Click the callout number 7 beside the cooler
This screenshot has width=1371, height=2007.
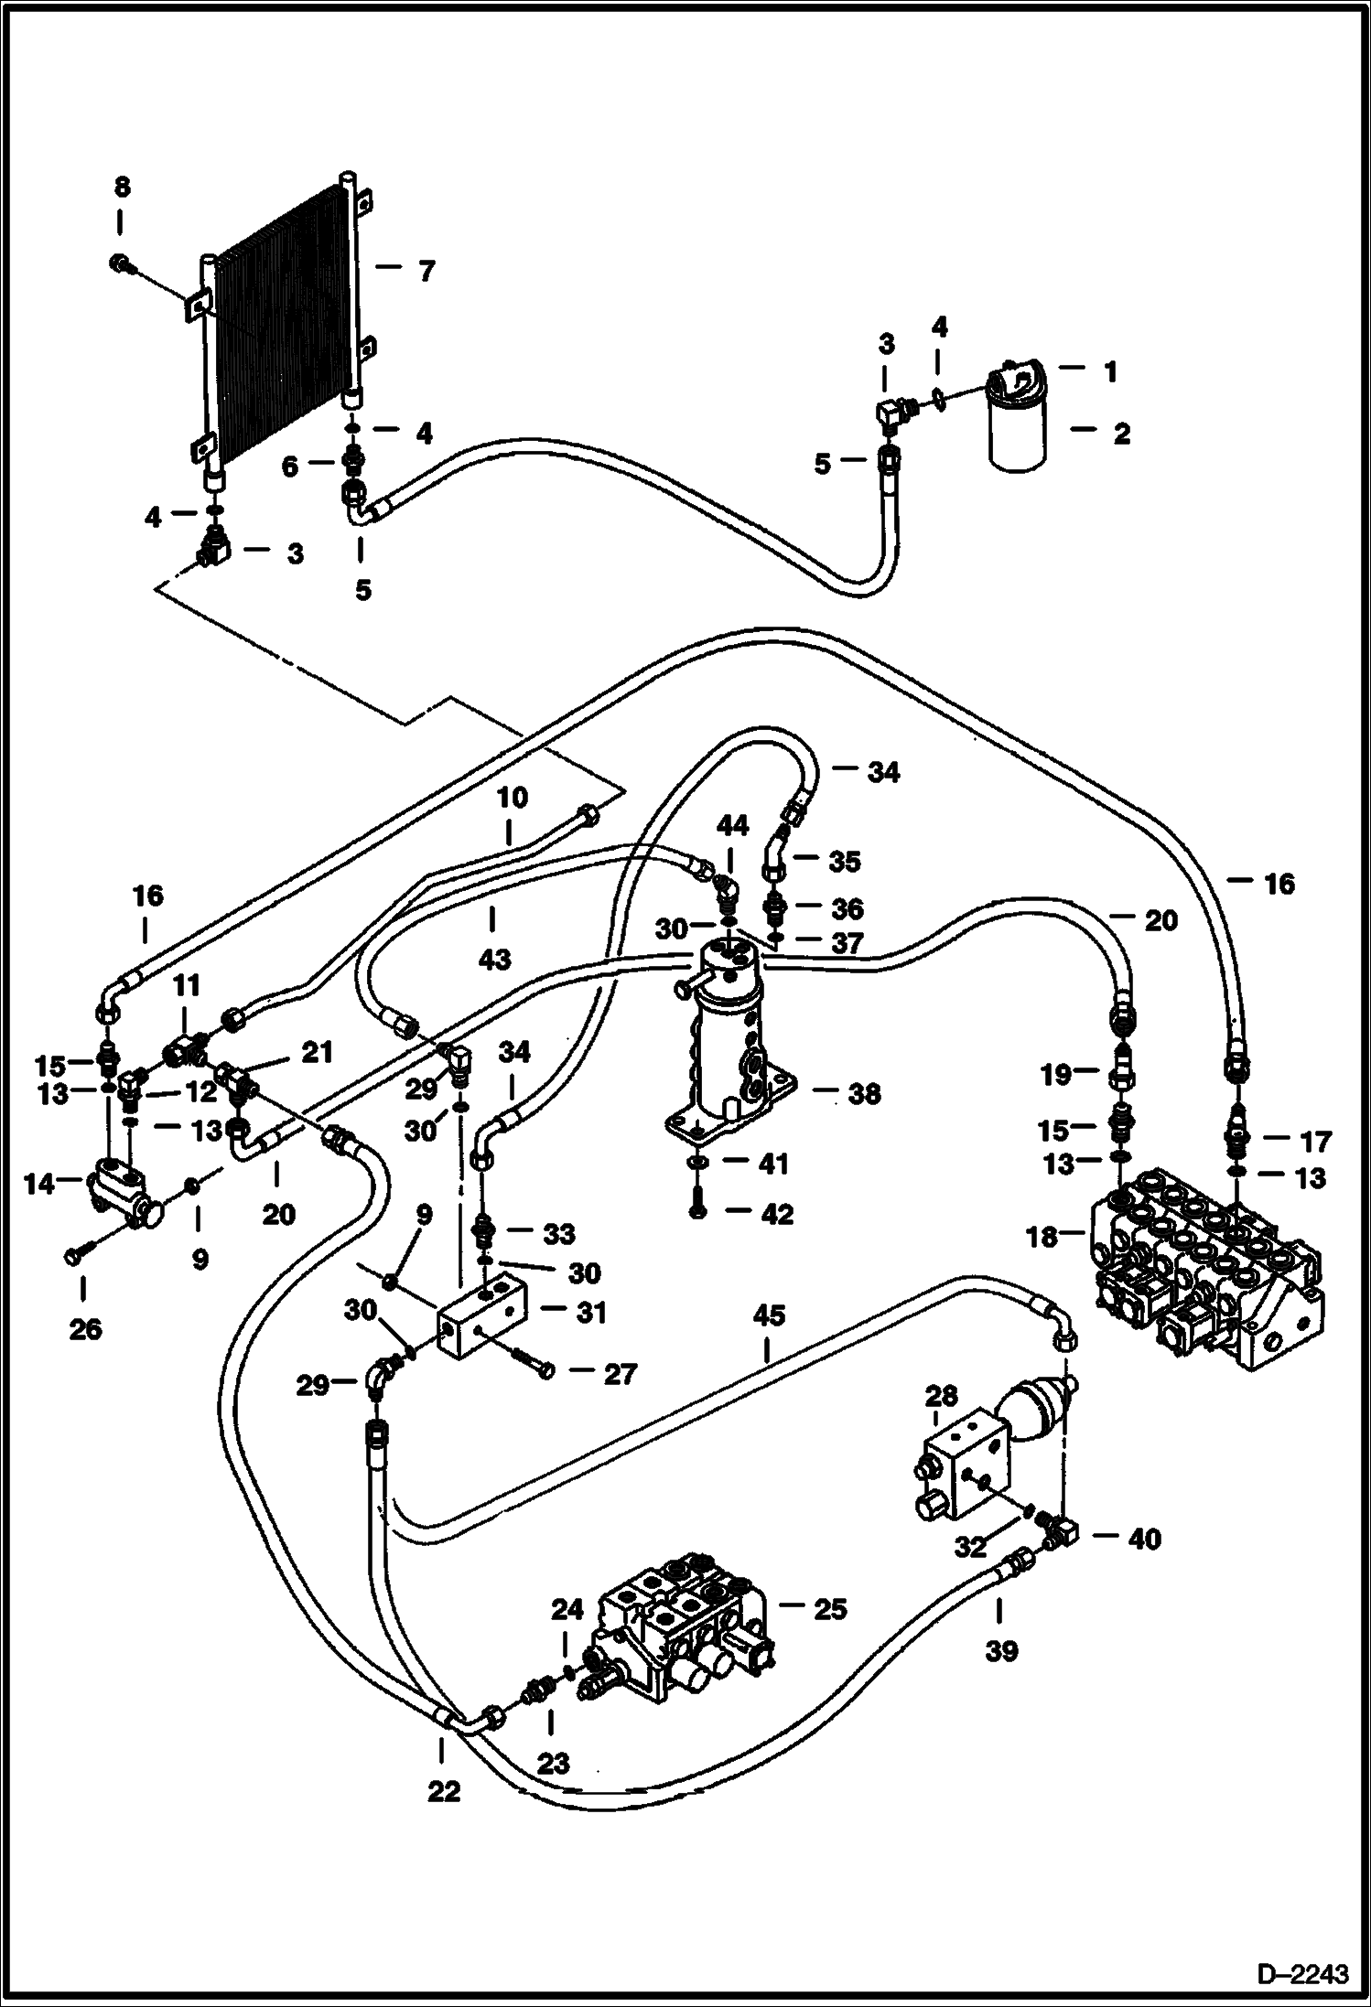pyautogui.click(x=425, y=272)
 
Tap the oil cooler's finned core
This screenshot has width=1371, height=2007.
pyautogui.click(x=279, y=329)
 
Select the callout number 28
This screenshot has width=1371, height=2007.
pyautogui.click(x=941, y=1397)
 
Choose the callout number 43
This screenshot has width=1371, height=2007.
pyautogui.click(x=494, y=959)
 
